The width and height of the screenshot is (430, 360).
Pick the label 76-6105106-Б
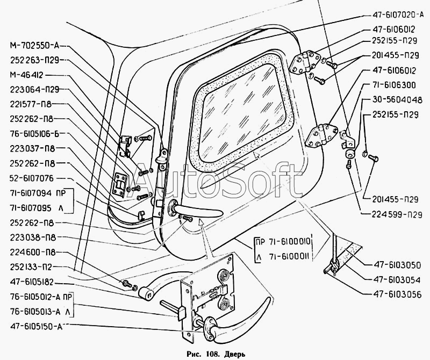pos(35,134)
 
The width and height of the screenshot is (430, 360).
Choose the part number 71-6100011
pos(290,257)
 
